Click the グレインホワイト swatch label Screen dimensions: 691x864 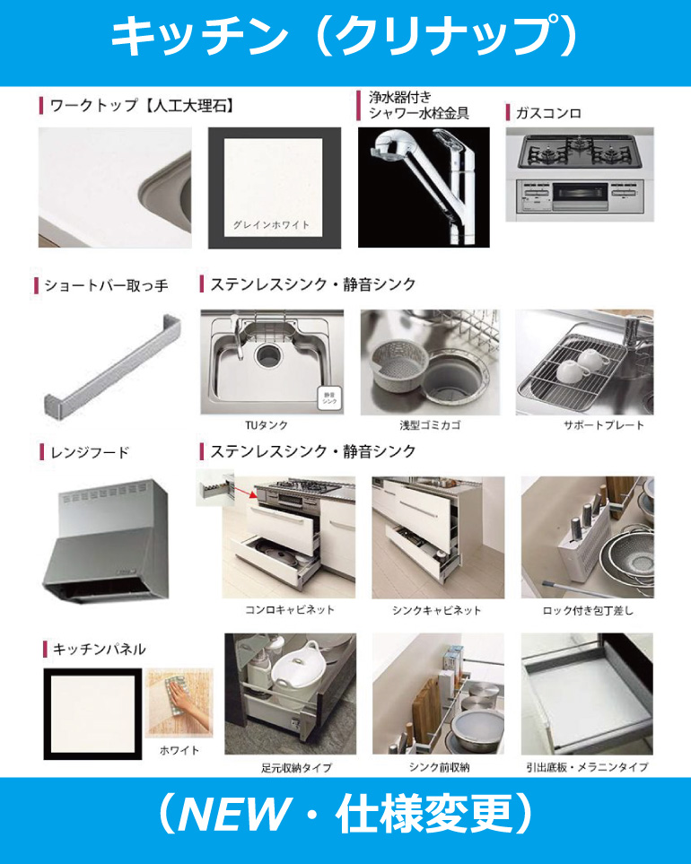pyautogui.click(x=271, y=225)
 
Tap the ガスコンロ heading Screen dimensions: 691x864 pyautogui.click(x=548, y=113)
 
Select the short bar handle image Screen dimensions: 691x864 pyautogui.click(x=113, y=366)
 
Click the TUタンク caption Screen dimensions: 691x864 pyautogui.click(x=267, y=425)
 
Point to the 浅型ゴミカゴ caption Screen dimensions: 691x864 pyautogui.click(x=430, y=425)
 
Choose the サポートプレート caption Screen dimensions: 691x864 pyautogui.click(x=603, y=425)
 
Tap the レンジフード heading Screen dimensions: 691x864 pyautogui.click(x=89, y=452)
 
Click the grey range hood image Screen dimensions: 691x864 pyautogui.click(x=106, y=540)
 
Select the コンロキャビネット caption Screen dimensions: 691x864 pyautogui.click(x=289, y=609)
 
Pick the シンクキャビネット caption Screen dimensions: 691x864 pyautogui.click(x=436, y=610)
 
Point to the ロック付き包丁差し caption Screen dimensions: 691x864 pyautogui.click(x=588, y=610)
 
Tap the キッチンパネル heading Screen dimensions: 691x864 pyautogui.click(x=100, y=649)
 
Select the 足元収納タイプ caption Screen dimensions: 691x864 pyautogui.click(x=296, y=767)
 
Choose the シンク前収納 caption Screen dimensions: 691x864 pyautogui.click(x=439, y=766)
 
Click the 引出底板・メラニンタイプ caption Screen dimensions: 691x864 pyautogui.click(x=587, y=766)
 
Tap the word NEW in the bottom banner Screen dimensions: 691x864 pyautogui.click(x=233, y=814)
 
